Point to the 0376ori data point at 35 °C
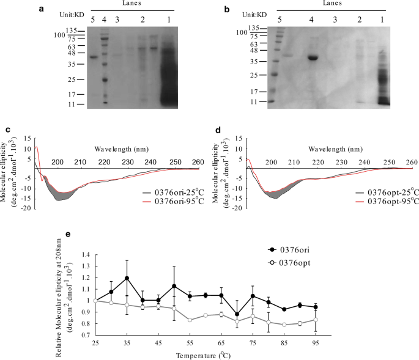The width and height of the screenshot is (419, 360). tap(127, 278)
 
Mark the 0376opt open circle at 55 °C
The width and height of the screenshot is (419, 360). tap(190, 320)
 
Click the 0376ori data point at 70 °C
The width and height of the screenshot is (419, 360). tap(237, 314)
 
